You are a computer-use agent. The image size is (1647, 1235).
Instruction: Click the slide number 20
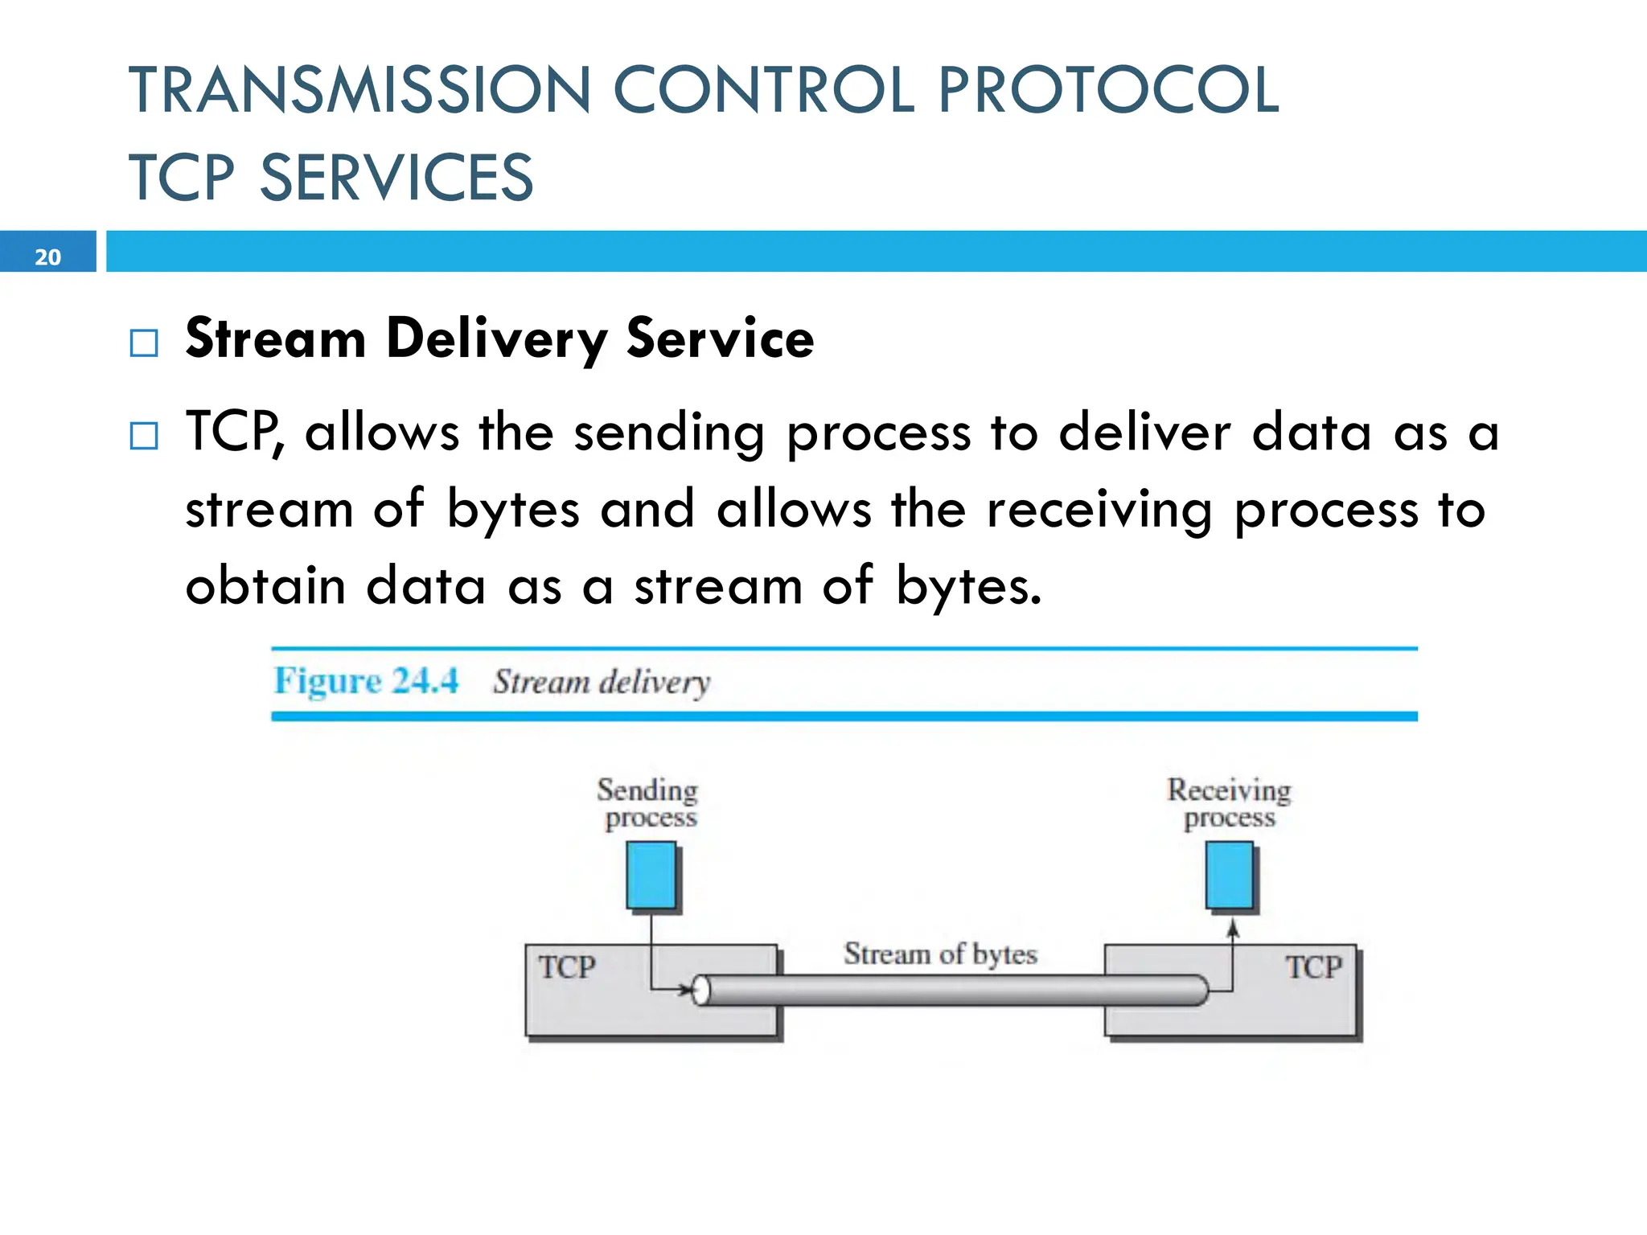[47, 256]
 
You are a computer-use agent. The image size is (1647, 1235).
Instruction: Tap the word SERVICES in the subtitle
[396, 178]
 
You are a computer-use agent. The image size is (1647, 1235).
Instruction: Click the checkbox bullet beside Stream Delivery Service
[144, 343]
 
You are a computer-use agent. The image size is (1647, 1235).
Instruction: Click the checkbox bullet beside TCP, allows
[144, 436]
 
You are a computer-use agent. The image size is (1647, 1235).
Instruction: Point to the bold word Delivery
[496, 338]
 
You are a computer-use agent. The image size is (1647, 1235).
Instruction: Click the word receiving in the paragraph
[1099, 509]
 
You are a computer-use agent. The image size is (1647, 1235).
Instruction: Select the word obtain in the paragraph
[265, 585]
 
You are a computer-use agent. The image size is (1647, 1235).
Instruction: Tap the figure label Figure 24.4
[366, 681]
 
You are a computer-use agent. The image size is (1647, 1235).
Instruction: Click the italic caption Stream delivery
[602, 682]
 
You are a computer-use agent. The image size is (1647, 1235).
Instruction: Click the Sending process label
[648, 802]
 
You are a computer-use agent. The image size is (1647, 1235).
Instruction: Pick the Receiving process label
[1229, 802]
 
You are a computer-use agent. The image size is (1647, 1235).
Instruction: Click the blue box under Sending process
[651, 876]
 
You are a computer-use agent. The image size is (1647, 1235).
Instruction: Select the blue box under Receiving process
[1230, 876]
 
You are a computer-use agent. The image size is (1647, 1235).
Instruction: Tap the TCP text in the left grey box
[567, 966]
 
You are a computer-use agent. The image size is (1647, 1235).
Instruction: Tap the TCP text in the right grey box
[1313, 966]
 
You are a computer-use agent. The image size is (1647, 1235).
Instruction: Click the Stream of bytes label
[940, 954]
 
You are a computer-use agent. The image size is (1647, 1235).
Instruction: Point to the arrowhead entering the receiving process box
[1233, 929]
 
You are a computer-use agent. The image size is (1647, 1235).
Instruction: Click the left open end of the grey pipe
[701, 991]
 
